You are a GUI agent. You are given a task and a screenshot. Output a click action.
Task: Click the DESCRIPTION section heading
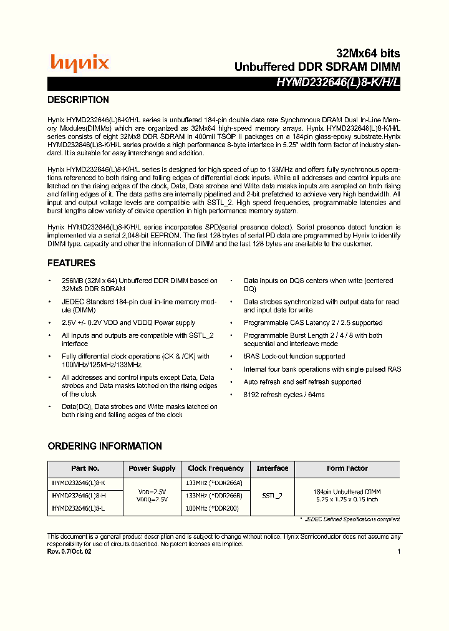[79, 100]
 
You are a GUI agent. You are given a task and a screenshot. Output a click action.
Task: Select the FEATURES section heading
[72, 263]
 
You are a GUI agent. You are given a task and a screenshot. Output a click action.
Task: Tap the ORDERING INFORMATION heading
[105, 446]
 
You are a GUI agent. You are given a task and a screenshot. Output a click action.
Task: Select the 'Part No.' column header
[85, 468]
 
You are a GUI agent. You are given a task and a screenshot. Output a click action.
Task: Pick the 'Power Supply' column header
[152, 468]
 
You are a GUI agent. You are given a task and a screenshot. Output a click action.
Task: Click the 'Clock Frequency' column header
[216, 468]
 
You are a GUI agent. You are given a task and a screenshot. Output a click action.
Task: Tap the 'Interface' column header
[273, 468]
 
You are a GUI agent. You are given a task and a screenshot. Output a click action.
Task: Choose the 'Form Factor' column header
[347, 468]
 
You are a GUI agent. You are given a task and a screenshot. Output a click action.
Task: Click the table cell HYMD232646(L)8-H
[79, 496]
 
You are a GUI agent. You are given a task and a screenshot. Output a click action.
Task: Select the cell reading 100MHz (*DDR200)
[213, 509]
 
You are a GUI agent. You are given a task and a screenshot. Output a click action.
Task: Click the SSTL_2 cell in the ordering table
[273, 496]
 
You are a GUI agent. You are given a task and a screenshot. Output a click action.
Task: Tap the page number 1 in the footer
[398, 551]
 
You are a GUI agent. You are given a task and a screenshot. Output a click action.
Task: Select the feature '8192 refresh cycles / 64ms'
[284, 395]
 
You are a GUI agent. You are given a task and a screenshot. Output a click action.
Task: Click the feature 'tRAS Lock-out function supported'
[294, 357]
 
